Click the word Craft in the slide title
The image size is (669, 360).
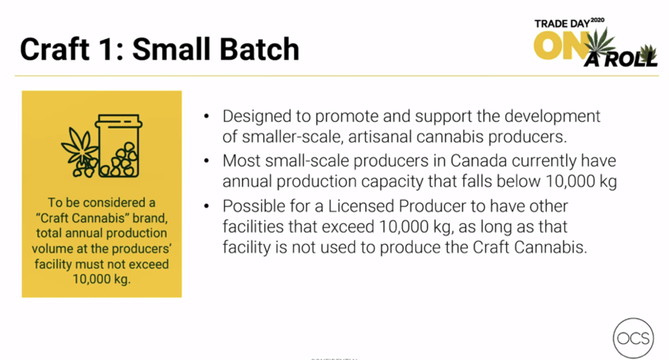click(55, 48)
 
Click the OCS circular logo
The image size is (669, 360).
click(634, 338)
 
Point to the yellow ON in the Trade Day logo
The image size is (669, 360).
click(557, 46)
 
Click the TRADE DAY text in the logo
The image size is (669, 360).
click(562, 24)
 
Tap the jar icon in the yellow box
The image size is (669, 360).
click(118, 146)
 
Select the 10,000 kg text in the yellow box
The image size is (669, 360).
click(101, 279)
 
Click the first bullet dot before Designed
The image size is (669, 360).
click(207, 116)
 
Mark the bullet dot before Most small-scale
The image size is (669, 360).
click(207, 161)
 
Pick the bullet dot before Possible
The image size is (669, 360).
click(207, 206)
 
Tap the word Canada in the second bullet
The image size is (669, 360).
click(479, 161)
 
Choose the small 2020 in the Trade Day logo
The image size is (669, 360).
click(597, 20)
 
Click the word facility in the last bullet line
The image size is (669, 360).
click(246, 248)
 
